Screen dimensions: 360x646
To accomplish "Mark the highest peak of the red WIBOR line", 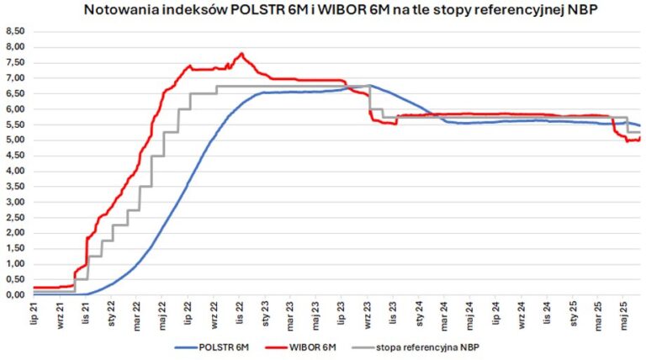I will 242,54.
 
